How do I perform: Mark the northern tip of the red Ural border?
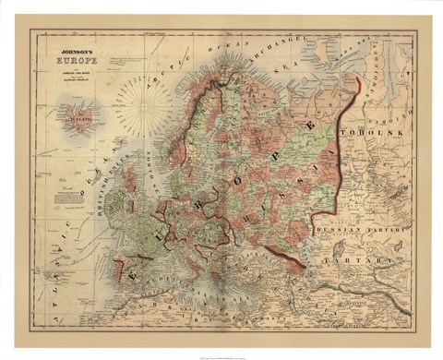coord(356,81)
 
